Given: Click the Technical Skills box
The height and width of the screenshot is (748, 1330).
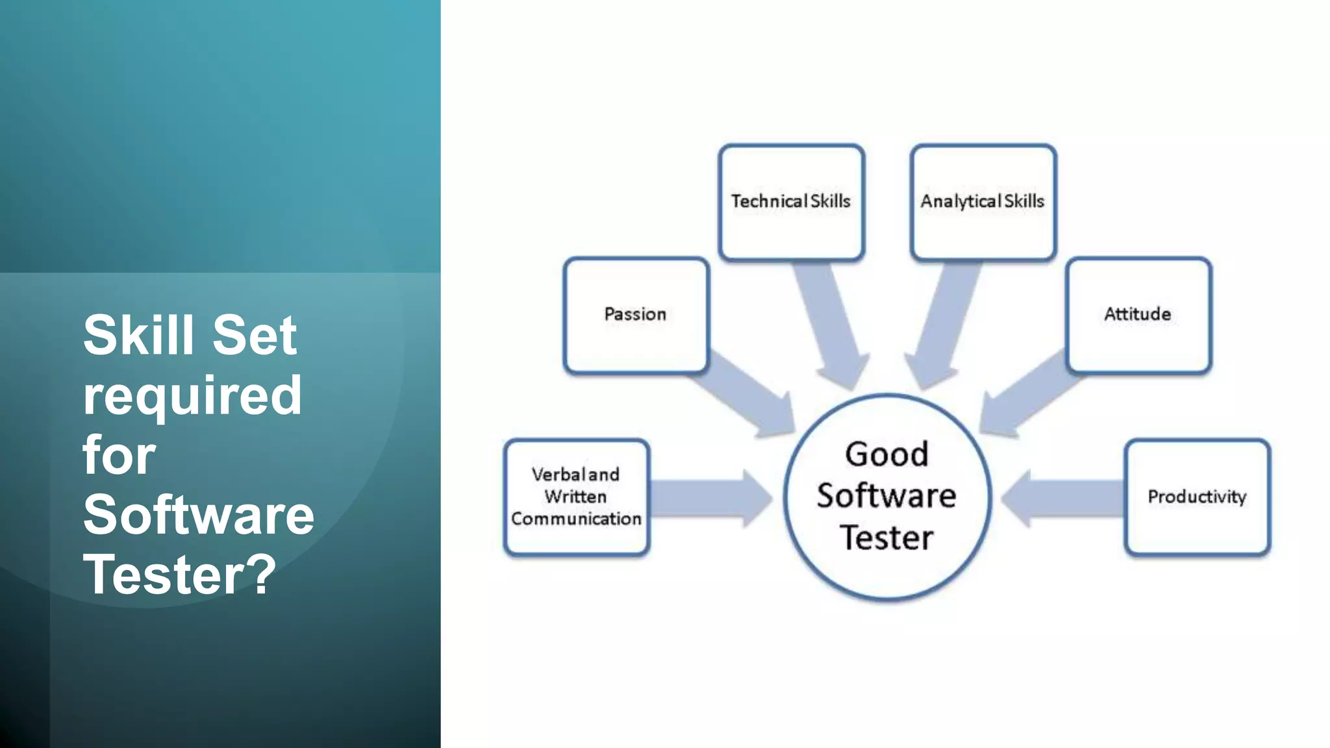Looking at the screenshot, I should click(x=791, y=202).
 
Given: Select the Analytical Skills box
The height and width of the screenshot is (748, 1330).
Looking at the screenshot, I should click(x=983, y=202).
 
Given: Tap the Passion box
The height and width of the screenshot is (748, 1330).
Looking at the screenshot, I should click(x=636, y=315).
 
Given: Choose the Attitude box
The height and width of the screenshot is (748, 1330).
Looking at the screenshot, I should click(x=1138, y=315).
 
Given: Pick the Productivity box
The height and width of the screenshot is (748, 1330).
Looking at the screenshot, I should click(x=1197, y=497).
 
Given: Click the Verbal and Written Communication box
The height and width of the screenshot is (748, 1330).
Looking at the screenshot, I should click(x=576, y=497).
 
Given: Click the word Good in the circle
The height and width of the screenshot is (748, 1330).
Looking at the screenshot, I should click(x=886, y=454).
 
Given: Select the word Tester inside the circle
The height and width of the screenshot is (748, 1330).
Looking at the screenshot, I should click(x=886, y=538).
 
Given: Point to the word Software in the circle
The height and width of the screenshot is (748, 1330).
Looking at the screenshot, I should click(x=886, y=496).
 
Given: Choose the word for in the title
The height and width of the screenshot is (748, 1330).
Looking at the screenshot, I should click(x=119, y=455).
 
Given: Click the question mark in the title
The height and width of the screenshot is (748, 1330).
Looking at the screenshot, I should click(x=262, y=575).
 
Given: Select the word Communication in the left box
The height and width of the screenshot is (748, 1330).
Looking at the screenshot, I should click(x=576, y=519).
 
